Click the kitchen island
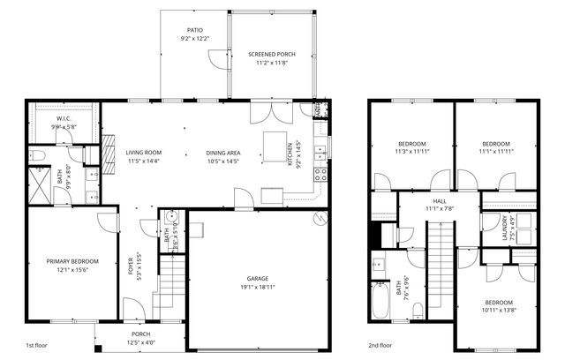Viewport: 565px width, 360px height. click(x=276, y=143)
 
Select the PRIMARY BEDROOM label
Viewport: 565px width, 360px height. click(x=72, y=261)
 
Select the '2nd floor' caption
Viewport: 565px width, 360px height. click(x=381, y=346)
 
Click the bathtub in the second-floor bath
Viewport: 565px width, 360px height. click(x=380, y=300)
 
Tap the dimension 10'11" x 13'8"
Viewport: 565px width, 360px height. click(x=499, y=310)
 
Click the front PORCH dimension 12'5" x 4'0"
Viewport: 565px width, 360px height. click(x=141, y=343)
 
